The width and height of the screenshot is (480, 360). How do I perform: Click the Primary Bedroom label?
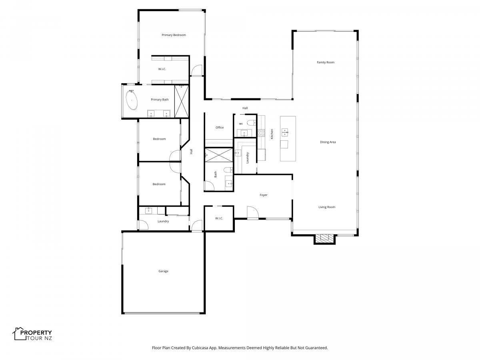point(174,35)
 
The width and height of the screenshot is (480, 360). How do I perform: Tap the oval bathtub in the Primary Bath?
point(132,100)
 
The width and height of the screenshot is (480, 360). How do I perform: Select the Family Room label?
point(326,62)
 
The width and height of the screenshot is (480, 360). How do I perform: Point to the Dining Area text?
point(328,142)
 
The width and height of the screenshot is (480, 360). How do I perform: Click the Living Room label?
point(327,207)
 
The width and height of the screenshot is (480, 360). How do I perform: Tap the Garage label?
point(163,271)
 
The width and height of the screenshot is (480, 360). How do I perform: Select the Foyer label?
point(264,195)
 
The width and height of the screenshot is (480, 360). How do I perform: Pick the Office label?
point(220,128)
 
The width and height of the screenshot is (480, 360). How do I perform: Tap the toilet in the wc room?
point(252,123)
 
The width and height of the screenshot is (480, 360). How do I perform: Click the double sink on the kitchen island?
point(284,132)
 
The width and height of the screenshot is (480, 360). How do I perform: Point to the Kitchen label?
point(272,134)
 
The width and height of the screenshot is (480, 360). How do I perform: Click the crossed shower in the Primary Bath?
point(182,101)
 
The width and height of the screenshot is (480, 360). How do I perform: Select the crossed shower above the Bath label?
point(219,155)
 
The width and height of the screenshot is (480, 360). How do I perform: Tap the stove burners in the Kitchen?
point(261,133)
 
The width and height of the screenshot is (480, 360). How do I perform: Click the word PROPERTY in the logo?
point(36,333)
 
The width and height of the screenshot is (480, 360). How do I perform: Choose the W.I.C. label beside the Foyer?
point(219,218)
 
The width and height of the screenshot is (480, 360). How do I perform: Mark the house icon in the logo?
point(19,334)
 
